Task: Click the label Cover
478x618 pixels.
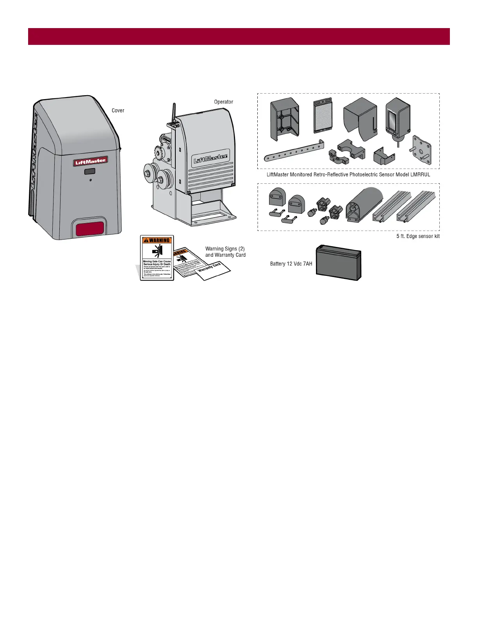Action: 118,110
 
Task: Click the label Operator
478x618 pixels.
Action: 223,102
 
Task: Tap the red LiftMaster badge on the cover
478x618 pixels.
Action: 90,161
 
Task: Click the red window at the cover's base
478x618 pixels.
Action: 90,229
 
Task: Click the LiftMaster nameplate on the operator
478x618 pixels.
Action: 211,158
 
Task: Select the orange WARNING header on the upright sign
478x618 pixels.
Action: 157,240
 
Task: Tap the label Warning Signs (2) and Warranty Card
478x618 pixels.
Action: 225,252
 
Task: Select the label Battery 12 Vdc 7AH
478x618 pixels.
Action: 291,264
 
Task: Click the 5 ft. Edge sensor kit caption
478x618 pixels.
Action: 418,236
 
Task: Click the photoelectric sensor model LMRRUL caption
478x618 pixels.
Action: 348,174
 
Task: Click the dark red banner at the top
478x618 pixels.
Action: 239,36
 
